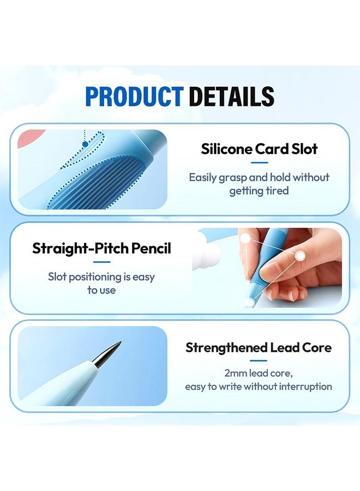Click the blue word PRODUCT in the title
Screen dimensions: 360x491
point(134,97)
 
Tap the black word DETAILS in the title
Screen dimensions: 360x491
point(231,97)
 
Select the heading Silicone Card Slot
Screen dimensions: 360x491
point(259,149)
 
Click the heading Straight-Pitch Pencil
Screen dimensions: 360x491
point(102,248)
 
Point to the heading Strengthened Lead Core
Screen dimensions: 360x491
point(259,348)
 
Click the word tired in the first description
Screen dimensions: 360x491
point(277,190)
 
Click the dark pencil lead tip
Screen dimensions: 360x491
point(106,354)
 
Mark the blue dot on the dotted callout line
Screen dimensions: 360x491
point(85,145)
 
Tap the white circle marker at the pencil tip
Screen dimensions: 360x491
point(249,302)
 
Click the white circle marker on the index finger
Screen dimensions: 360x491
point(300,256)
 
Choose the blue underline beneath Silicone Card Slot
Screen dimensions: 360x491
point(260,163)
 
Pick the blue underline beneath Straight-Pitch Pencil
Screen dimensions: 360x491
point(102,262)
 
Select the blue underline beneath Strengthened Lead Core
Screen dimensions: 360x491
point(259,361)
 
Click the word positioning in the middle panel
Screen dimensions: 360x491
point(95,277)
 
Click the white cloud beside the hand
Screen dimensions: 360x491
point(207,255)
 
